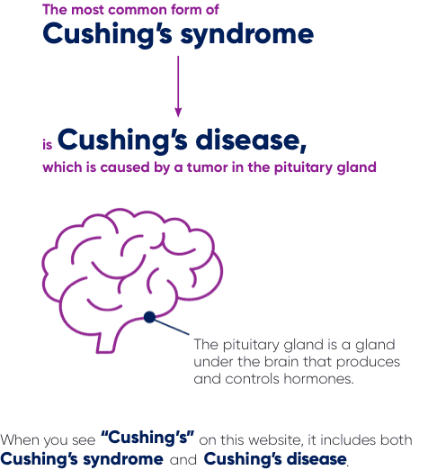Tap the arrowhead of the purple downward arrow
(x=178, y=112)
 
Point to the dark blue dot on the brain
(x=149, y=316)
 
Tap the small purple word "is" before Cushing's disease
(x=48, y=143)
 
